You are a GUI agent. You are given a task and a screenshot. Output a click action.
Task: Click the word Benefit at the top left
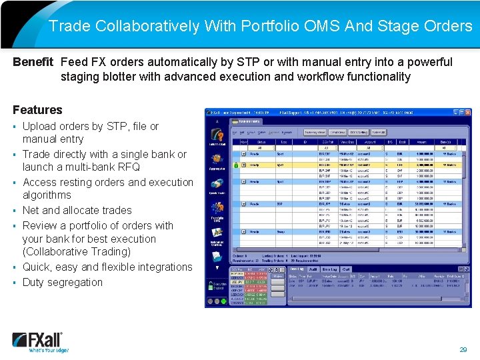33,62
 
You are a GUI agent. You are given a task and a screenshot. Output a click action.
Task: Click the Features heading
37,110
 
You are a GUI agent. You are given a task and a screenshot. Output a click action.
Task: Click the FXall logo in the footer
40,341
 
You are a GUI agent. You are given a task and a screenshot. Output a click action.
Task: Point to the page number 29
463,349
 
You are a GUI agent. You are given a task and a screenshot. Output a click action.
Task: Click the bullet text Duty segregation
63,282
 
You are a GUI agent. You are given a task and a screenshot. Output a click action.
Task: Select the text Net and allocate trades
77,210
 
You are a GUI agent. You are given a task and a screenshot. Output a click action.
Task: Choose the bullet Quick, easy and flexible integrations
107,267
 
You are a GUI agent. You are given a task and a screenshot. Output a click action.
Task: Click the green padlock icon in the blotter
235,164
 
